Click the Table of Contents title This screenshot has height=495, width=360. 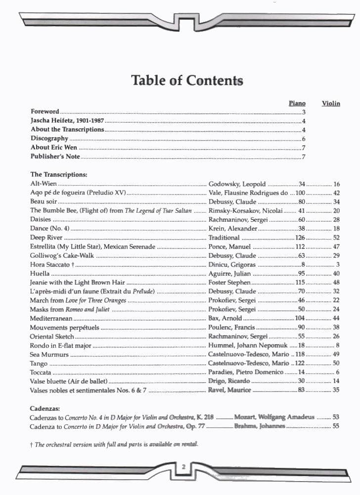[x=187, y=80]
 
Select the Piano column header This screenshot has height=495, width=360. [x=297, y=103]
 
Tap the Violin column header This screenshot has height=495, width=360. [x=331, y=103]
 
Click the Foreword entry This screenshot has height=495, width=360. [x=45, y=112]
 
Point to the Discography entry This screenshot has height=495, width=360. [x=49, y=139]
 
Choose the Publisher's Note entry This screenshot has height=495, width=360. [x=55, y=157]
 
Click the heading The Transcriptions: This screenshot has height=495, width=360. [x=59, y=175]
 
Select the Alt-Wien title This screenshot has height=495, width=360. [x=44, y=184]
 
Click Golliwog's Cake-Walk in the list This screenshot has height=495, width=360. [x=62, y=255]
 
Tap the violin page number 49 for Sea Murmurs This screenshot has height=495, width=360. [x=336, y=354]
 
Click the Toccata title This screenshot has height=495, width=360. [x=41, y=372]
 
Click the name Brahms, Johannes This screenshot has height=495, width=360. [x=260, y=426]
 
